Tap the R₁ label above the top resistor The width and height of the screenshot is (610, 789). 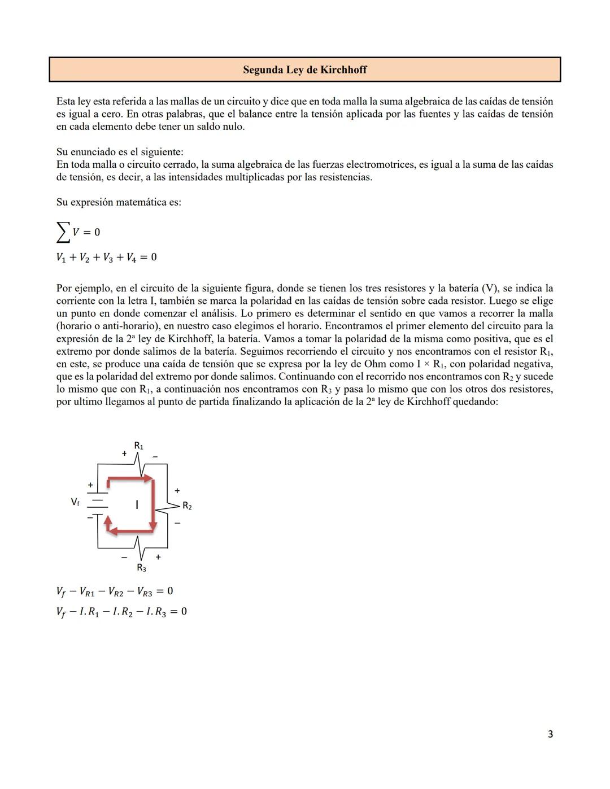[x=138, y=446]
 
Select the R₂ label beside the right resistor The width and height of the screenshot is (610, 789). [x=187, y=507]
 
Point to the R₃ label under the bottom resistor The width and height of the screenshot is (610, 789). [x=141, y=568]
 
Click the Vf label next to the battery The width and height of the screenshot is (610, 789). [x=75, y=502]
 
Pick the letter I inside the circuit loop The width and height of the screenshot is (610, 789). [x=137, y=505]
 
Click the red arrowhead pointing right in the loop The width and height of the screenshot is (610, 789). [x=149, y=479]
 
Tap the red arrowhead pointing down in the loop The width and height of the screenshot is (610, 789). [x=152, y=528]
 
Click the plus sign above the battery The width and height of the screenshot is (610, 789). [x=90, y=485]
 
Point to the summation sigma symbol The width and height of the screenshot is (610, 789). [x=63, y=232]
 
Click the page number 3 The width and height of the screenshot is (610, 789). [x=550, y=734]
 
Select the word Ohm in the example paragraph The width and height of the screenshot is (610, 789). [x=375, y=364]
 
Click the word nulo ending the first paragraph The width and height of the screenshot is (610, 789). [x=232, y=127]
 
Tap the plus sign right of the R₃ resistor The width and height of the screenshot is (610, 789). [x=158, y=557]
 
